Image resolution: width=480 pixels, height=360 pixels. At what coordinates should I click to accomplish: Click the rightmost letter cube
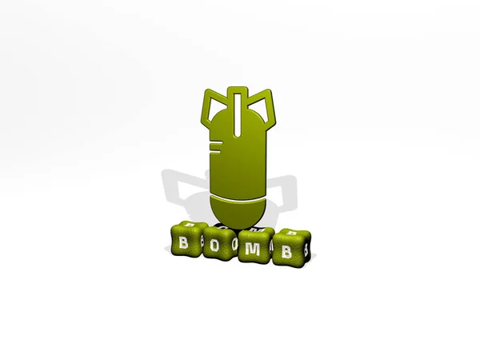click(x=291, y=246)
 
